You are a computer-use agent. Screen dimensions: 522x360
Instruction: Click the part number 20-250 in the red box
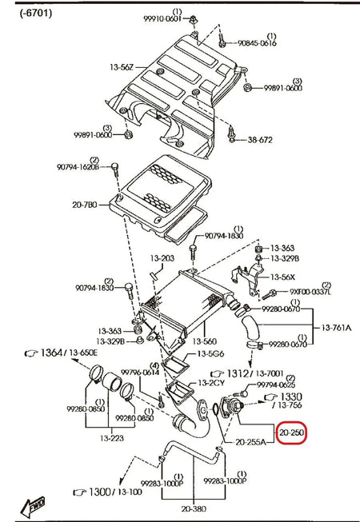[x=291, y=432]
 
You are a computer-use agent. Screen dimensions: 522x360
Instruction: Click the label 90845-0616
[x=257, y=43]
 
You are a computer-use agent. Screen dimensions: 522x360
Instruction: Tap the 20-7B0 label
[x=85, y=205]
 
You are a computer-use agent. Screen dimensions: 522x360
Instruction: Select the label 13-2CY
[x=212, y=382]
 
